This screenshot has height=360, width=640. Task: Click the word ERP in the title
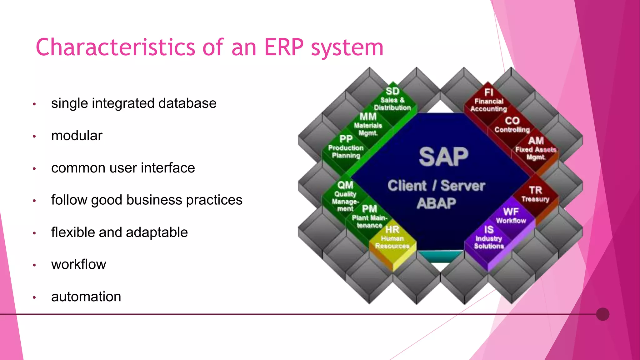click(284, 47)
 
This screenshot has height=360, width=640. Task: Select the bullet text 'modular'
click(77, 136)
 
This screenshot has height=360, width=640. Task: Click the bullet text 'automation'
click(86, 297)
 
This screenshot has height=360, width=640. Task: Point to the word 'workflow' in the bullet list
click(79, 264)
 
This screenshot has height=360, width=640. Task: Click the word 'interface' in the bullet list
click(168, 168)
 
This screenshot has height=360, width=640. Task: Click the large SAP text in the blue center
click(443, 157)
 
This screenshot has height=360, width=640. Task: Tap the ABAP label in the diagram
click(436, 203)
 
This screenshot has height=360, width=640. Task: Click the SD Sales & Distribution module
click(392, 99)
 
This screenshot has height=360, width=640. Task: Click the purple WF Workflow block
click(511, 216)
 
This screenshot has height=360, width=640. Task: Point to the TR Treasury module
click(535, 194)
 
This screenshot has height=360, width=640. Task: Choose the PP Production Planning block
click(346, 147)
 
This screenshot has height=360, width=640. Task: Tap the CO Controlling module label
click(512, 124)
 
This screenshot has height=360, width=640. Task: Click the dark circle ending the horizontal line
click(602, 314)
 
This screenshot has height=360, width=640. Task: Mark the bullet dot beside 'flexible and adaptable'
click(34, 233)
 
